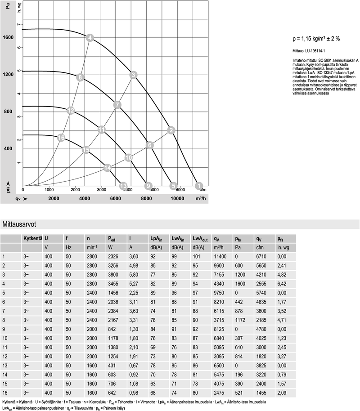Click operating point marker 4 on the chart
pyautogui.click(x=90, y=38)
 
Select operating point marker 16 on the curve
pyautogui.click(x=62, y=138)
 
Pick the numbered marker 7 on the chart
pyautogui.click(x=117, y=105)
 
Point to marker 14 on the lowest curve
pyautogui.click(x=107, y=168)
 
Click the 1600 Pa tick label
pyautogui.click(x=8, y=37)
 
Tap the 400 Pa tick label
pyautogui.click(x=8, y=148)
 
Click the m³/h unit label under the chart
pyautogui.click(x=200, y=198)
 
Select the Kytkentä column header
pyautogui.click(x=32, y=238)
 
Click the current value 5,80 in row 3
pyautogui.click(x=133, y=273)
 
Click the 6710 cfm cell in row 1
pyautogui.click(x=261, y=256)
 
